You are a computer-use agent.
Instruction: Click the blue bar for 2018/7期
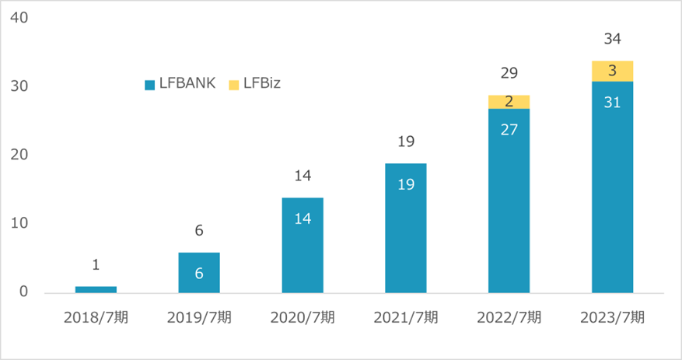pyautogui.click(x=96, y=289)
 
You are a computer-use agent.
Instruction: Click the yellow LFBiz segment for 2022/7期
pyautogui.click(x=509, y=102)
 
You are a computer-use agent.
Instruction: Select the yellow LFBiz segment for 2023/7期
pyautogui.click(x=612, y=71)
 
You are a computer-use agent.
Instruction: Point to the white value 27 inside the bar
pyautogui.click(x=509, y=130)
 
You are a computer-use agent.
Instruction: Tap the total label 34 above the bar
pyautogui.click(x=612, y=38)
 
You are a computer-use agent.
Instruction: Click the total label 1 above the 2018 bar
pyautogui.click(x=96, y=265)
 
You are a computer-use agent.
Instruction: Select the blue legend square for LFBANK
pyautogui.click(x=150, y=84)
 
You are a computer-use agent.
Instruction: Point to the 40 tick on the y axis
pyautogui.click(x=20, y=17)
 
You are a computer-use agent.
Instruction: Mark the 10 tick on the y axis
pyautogui.click(x=20, y=224)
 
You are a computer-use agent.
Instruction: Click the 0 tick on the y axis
pyautogui.click(x=24, y=292)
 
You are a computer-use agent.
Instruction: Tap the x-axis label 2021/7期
pyautogui.click(x=406, y=317)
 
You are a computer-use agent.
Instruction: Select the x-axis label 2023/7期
pyautogui.click(x=612, y=317)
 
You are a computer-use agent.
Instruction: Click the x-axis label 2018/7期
pyautogui.click(x=96, y=317)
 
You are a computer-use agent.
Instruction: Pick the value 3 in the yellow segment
pyautogui.click(x=612, y=71)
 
